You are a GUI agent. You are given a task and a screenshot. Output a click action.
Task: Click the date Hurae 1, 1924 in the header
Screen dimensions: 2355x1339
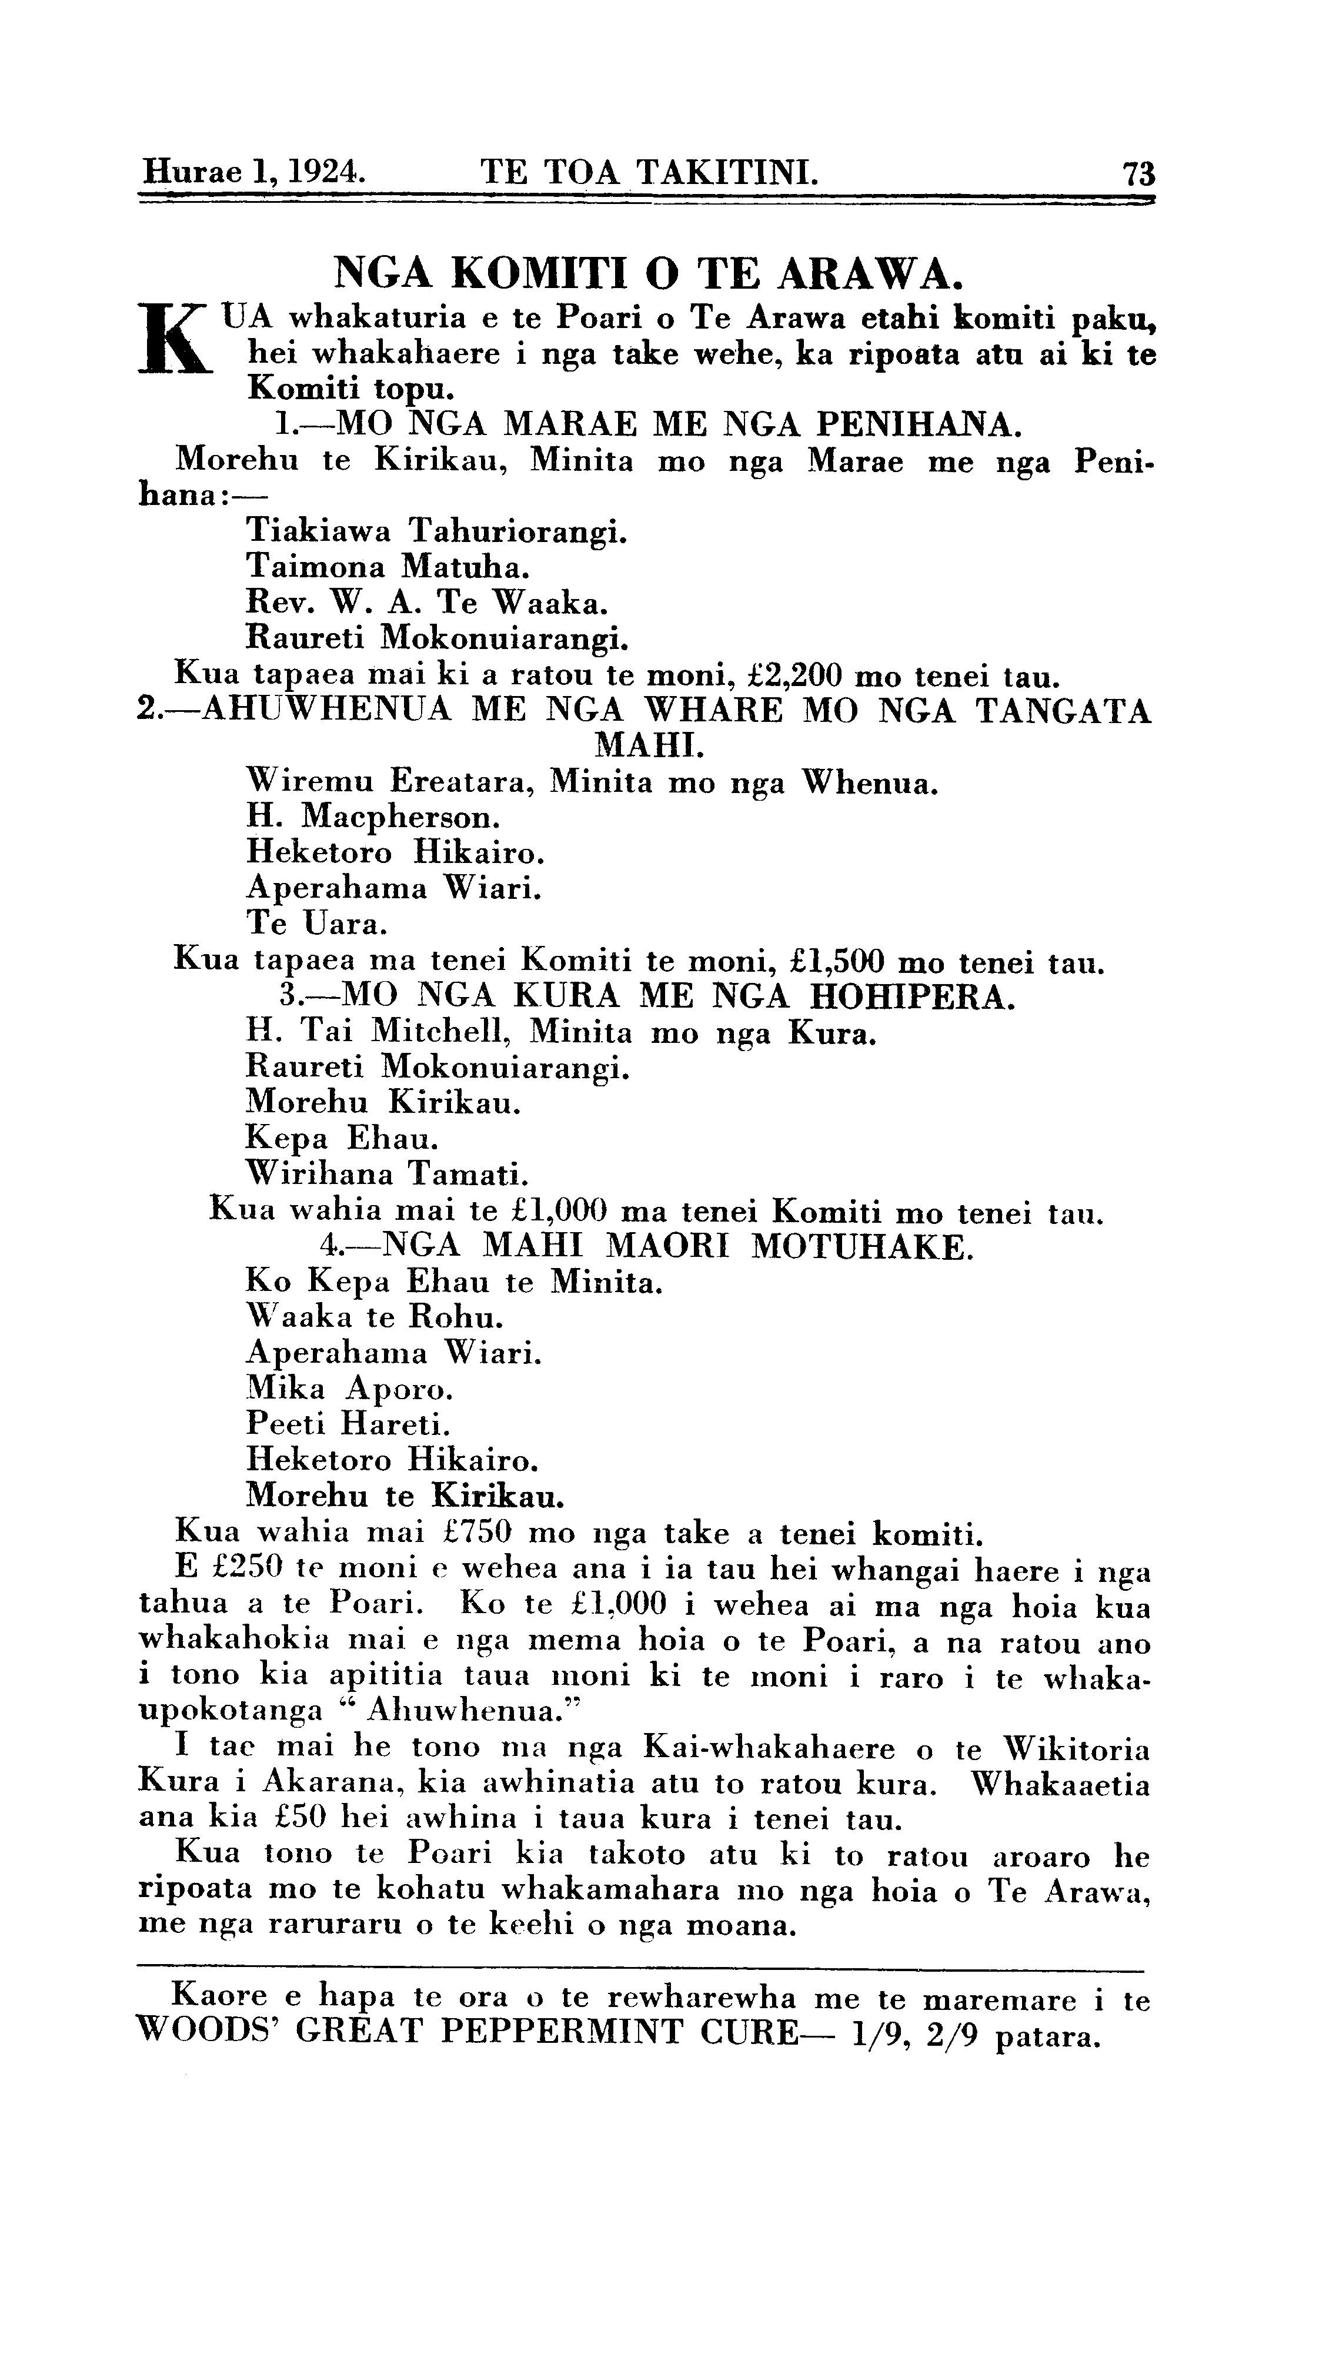click(253, 171)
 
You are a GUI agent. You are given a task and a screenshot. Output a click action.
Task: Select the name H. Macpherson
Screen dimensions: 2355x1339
click(373, 816)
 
